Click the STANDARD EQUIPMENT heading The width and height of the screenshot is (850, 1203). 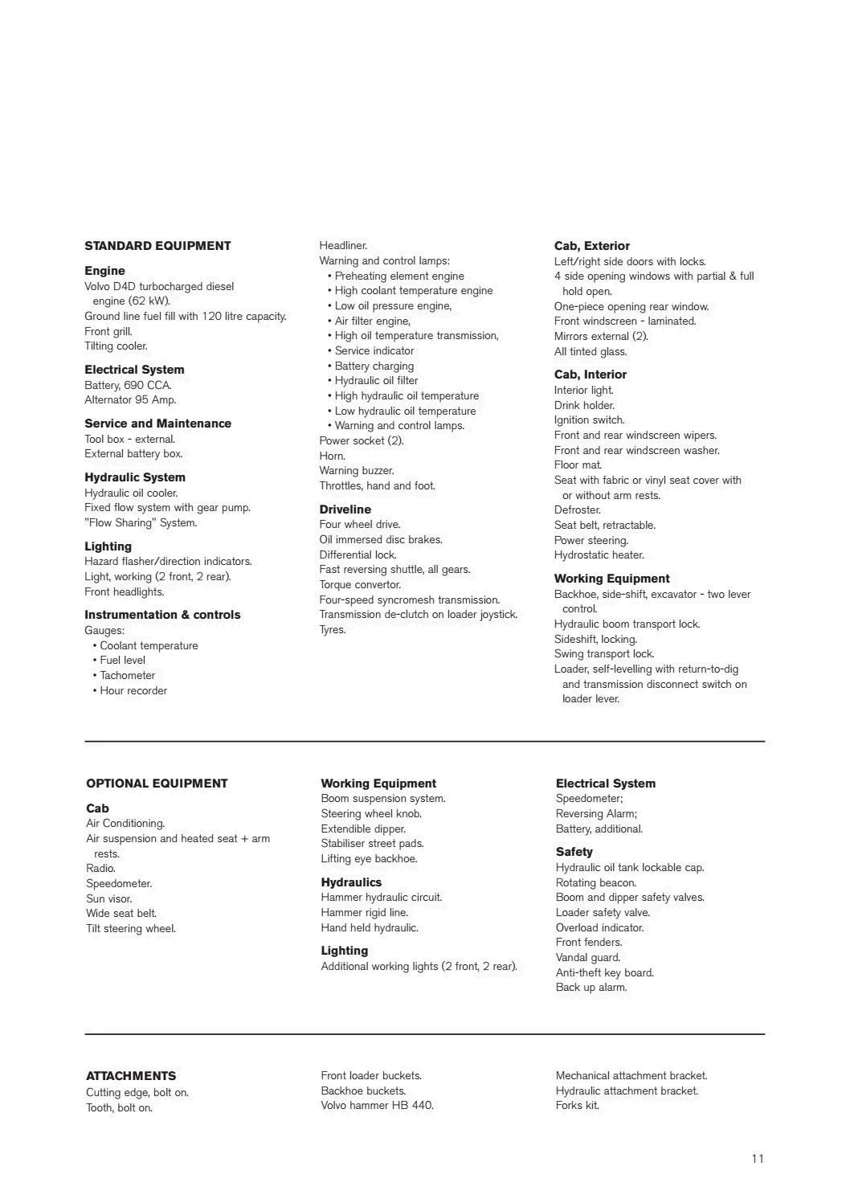pos(157,246)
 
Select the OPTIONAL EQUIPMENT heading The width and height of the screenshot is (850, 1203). pos(157,784)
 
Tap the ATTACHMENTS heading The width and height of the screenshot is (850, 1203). pos(131,1076)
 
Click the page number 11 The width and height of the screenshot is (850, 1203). pos(758,1158)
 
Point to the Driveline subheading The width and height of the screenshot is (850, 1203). pos(345,509)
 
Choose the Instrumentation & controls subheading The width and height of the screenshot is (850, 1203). pos(162,615)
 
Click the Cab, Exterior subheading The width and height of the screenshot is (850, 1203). pos(591,246)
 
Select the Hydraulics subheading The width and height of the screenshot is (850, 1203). pos(351,882)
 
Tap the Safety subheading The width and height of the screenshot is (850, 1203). pos(574,852)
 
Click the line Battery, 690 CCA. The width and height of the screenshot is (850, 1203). pos(128,385)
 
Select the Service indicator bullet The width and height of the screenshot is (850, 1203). pos(374,351)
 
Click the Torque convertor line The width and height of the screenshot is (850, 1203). pos(360,585)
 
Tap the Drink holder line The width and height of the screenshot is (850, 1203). pos(584,406)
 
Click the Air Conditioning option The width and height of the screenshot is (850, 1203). pos(125,824)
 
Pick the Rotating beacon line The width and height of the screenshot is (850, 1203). pos(596,883)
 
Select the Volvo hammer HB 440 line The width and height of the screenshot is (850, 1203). pos(377,1106)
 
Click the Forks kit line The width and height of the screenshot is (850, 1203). pos(577,1106)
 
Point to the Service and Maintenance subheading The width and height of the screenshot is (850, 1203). pos(157,424)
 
